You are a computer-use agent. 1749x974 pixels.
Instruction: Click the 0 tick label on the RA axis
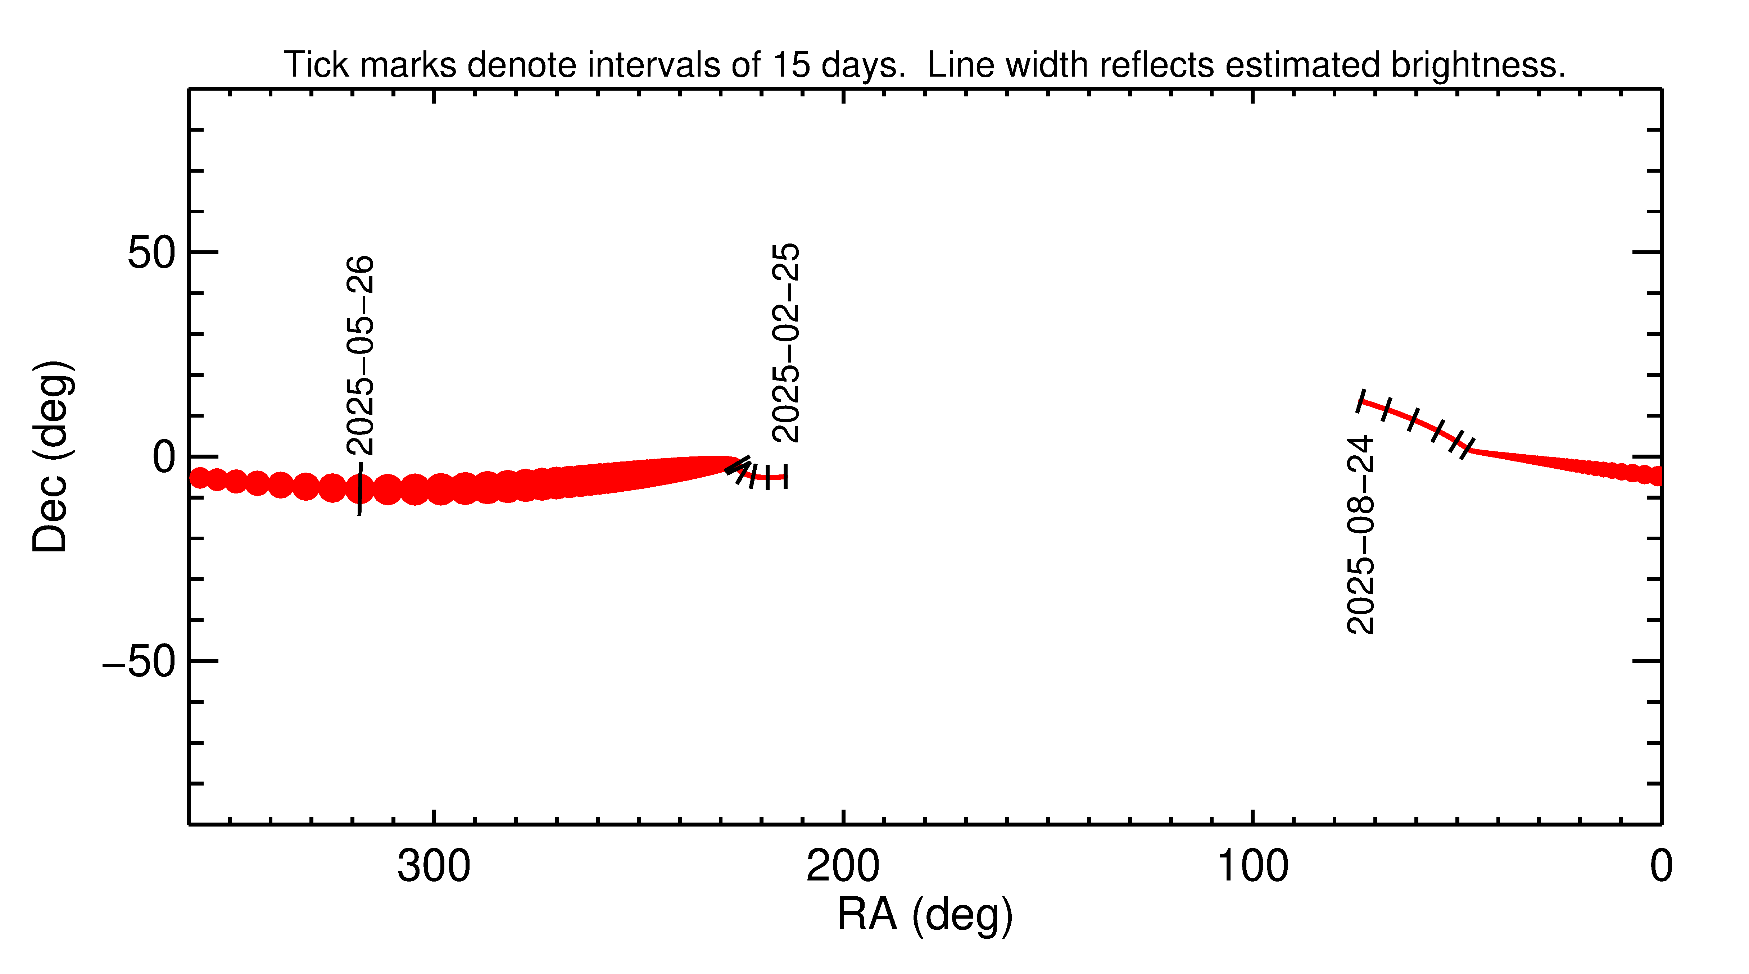1661,867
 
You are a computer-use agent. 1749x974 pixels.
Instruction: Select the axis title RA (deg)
925,915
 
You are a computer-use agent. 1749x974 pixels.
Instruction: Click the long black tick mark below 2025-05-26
360,489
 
